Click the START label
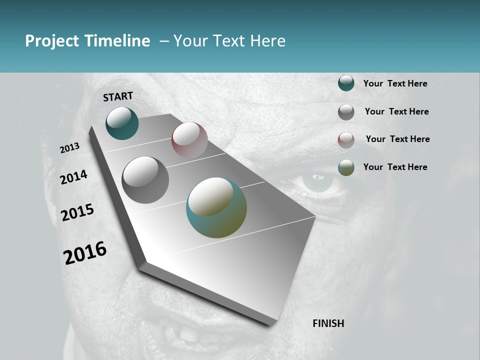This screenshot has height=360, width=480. click(118, 96)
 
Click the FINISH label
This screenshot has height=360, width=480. click(328, 323)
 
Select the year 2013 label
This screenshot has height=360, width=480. click(70, 147)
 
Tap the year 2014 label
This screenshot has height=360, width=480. click(73, 177)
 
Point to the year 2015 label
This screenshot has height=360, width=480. click(77, 212)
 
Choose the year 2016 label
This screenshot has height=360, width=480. click(85, 253)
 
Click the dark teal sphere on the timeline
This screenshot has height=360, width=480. click(122, 123)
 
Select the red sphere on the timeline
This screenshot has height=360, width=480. click(189, 139)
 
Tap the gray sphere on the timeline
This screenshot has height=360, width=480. click(145, 180)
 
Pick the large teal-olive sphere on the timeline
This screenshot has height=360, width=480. click(216, 207)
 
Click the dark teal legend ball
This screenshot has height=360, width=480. click(346, 83)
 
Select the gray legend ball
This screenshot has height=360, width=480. click(346, 112)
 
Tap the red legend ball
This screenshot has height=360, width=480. click(346, 140)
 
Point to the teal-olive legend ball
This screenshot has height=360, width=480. click(346, 167)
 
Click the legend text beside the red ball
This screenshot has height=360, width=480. click(397, 139)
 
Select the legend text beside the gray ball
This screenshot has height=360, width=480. click(396, 111)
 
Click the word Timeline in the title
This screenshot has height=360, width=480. click(117, 41)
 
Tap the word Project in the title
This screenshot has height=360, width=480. click(52, 41)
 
